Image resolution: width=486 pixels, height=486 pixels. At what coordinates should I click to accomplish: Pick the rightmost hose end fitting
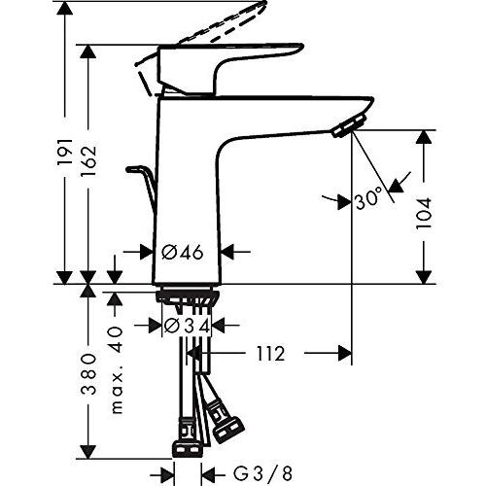231,426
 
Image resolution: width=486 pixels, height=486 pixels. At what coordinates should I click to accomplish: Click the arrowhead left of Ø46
147,252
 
